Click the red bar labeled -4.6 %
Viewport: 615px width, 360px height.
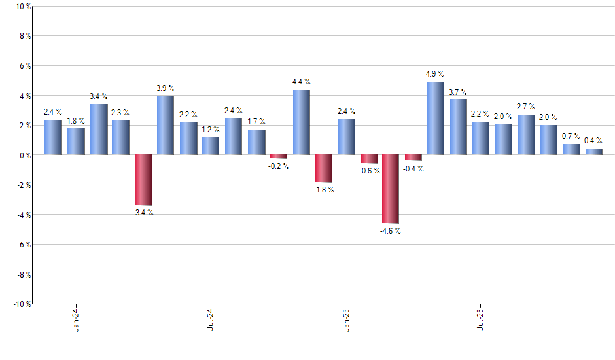pos(391,189)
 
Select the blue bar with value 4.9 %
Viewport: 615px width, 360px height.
pos(436,118)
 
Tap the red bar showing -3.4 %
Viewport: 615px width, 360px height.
pos(143,180)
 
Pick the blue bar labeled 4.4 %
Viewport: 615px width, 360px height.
pos(302,122)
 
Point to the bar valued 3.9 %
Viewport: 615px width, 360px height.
pos(166,126)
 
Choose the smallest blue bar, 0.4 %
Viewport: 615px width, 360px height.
pos(594,152)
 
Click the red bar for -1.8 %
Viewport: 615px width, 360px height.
pos(324,168)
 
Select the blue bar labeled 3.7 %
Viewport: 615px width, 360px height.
pos(458,127)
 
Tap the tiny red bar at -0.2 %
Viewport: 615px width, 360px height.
pos(279,156)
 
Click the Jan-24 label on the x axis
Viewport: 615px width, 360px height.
pos(76,318)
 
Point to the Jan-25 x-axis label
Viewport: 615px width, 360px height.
pos(346,318)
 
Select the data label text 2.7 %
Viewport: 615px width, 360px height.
pos(526,106)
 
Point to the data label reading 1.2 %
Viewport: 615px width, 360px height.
pos(210,129)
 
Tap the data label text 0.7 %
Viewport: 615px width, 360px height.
pos(571,135)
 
